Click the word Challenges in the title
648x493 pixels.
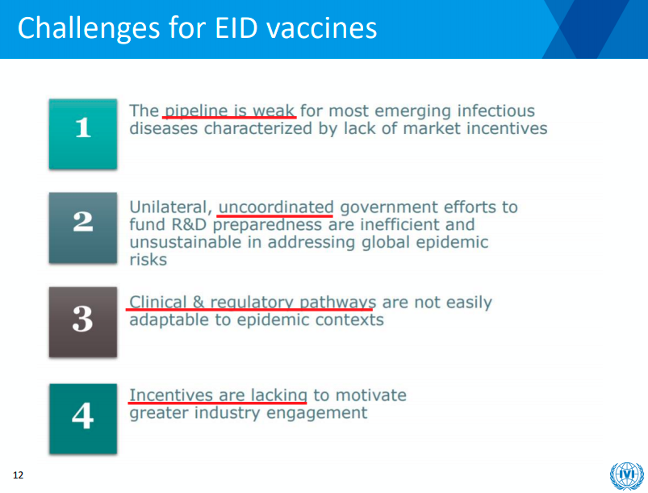pos(89,29)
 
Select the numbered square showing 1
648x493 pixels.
pos(83,134)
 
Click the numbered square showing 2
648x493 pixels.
pos(83,228)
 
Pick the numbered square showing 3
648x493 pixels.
pos(83,322)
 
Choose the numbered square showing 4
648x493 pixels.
pos(83,419)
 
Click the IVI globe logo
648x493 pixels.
pos(626,475)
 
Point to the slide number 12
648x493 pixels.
pos(19,475)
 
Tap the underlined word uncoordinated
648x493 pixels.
pos(276,207)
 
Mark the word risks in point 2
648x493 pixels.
pos(148,260)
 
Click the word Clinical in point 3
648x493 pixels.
pos(158,302)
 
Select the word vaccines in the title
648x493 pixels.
pos(321,29)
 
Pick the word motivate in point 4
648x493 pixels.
pos(370,395)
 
